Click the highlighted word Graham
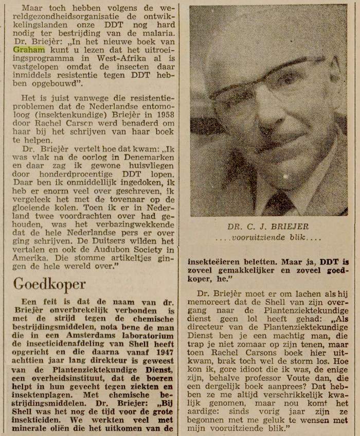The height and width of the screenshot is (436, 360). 29,50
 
